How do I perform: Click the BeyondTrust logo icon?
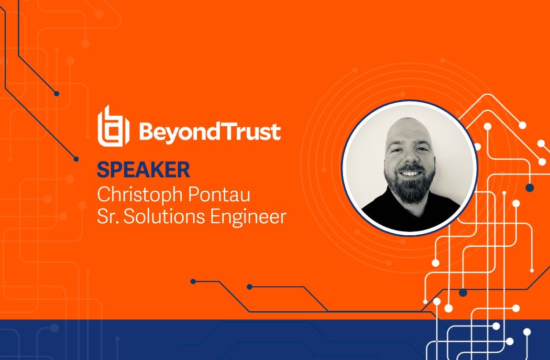[x=113, y=126]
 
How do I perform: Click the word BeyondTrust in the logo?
[x=210, y=132]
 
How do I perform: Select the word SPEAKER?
[x=143, y=170]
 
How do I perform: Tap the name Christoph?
[x=141, y=195]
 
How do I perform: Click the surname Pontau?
[x=219, y=194]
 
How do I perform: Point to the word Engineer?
[x=248, y=217]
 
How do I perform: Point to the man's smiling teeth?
[x=410, y=173]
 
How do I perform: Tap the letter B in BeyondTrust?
[x=147, y=131]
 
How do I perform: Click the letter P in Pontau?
[x=194, y=194]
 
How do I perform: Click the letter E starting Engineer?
[x=215, y=216]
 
